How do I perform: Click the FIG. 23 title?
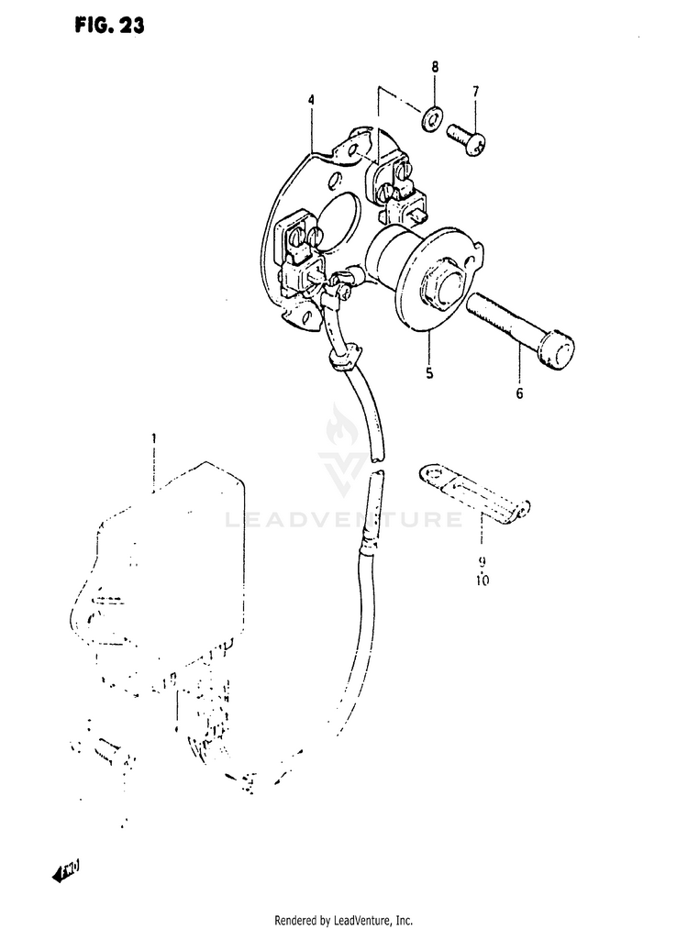point(107,27)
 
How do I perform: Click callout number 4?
point(311,99)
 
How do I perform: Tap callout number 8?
point(435,67)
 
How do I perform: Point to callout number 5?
point(428,373)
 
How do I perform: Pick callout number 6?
point(519,394)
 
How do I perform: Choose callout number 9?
point(482,561)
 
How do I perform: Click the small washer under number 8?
point(431,116)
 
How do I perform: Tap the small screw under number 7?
point(468,139)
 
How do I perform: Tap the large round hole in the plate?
point(341,219)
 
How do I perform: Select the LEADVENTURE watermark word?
point(343,521)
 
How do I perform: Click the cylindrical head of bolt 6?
point(555,350)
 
